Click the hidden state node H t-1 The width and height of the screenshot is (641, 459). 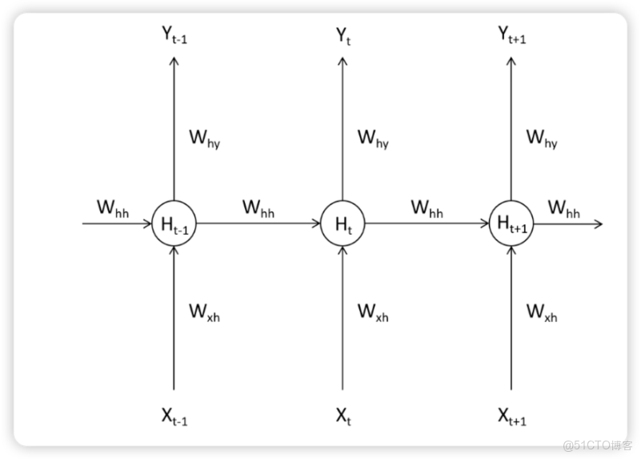coord(174,223)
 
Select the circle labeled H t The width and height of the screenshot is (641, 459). coord(343,223)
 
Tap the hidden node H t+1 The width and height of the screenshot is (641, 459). coord(511,223)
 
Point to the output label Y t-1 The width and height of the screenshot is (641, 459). coord(174,35)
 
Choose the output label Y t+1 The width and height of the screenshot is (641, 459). coord(512,35)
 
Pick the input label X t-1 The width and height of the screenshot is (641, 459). coord(174,415)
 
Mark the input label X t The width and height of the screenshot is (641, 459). coord(343,415)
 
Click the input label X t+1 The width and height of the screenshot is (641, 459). coord(512,415)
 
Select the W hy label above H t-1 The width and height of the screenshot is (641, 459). coord(204,139)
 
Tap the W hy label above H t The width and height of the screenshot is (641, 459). coord(373,139)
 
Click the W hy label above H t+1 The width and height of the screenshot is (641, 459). coord(542,139)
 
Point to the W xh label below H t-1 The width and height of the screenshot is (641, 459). coord(204,312)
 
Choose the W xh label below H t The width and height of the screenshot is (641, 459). coord(373,312)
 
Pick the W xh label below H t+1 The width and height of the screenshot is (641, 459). coord(542,312)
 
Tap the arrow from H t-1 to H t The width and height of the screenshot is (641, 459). coord(258,224)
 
